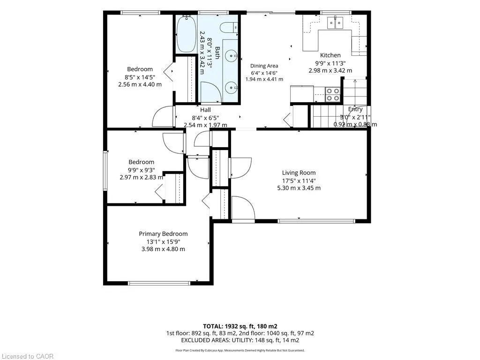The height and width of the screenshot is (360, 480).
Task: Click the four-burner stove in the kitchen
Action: pyautogui.click(x=332, y=94)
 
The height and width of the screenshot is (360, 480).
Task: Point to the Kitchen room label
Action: pyautogui.click(x=330, y=55)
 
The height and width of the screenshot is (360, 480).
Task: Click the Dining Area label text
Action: pyautogui.click(x=264, y=66)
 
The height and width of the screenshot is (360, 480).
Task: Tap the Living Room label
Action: pyautogui.click(x=299, y=172)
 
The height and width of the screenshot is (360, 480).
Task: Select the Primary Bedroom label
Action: pyautogui.click(x=163, y=233)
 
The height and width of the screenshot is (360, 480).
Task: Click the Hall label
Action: pyautogui.click(x=205, y=110)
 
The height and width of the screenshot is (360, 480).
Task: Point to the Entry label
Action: pyautogui.click(x=355, y=109)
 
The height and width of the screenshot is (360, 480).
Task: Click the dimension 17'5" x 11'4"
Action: pyautogui.click(x=299, y=180)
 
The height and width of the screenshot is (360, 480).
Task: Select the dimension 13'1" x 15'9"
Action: pyautogui.click(x=163, y=241)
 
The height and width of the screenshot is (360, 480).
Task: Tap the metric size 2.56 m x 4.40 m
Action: pyautogui.click(x=140, y=84)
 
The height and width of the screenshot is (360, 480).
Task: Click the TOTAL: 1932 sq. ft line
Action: pyautogui.click(x=240, y=326)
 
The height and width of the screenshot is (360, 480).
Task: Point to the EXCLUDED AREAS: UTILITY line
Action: pyautogui.click(x=240, y=340)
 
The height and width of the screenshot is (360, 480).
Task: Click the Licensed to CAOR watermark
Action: pyautogui.click(x=27, y=356)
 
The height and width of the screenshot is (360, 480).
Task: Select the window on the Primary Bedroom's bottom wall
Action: pyautogui.click(x=159, y=283)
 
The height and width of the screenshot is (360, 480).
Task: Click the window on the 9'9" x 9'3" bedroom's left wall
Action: pyautogui.click(x=105, y=171)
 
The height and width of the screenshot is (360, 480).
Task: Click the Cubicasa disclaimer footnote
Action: pyautogui.click(x=240, y=351)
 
